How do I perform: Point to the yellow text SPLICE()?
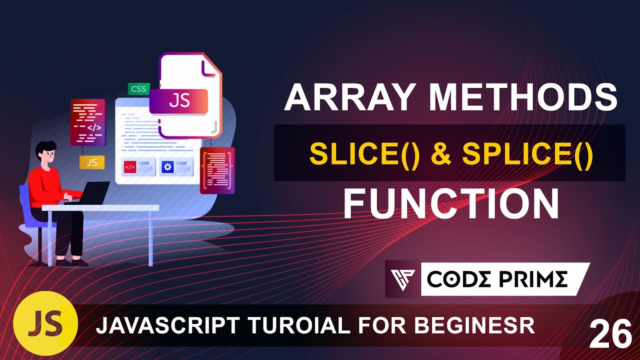tap(527, 155)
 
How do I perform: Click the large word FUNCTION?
tap(450, 203)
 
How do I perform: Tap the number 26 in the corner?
tap(610, 335)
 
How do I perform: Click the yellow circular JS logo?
tap(45, 322)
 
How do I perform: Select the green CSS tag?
tap(138, 89)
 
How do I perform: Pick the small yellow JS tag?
tap(92, 162)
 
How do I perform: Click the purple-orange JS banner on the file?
tap(178, 101)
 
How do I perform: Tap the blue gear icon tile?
tap(168, 167)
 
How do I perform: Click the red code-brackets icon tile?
tap(130, 167)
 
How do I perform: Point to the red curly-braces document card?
tap(217, 170)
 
